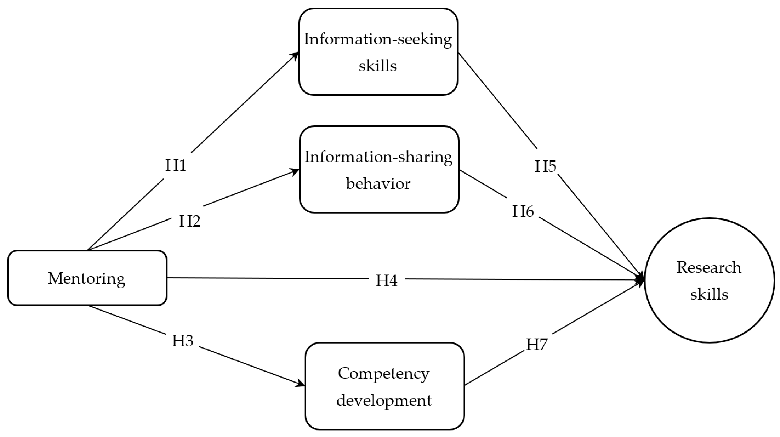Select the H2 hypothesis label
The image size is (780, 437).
190,221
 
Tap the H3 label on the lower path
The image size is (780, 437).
183,341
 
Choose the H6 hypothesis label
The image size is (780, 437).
523,211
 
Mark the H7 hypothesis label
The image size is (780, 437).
536,344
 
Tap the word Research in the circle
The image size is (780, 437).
709,267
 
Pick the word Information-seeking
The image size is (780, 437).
378,39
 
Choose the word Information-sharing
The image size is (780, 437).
378,157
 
